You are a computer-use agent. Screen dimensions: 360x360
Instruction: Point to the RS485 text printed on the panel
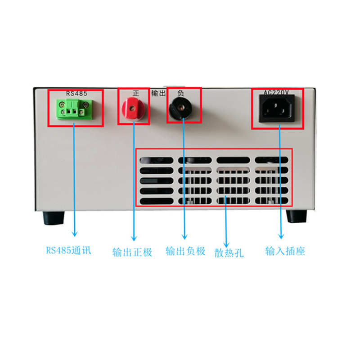(76, 93)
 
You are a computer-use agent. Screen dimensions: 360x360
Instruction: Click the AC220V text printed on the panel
(276, 93)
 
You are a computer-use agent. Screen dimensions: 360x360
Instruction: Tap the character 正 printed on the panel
(136, 93)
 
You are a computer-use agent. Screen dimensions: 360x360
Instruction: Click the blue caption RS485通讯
(68, 250)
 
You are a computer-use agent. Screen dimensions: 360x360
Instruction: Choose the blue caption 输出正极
(132, 252)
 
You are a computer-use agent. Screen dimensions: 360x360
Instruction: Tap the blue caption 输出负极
(185, 251)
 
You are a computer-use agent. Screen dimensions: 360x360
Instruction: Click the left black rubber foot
(53, 218)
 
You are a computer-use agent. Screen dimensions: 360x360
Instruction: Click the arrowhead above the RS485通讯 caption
(75, 233)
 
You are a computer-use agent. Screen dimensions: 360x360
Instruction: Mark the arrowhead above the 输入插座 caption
(282, 236)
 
